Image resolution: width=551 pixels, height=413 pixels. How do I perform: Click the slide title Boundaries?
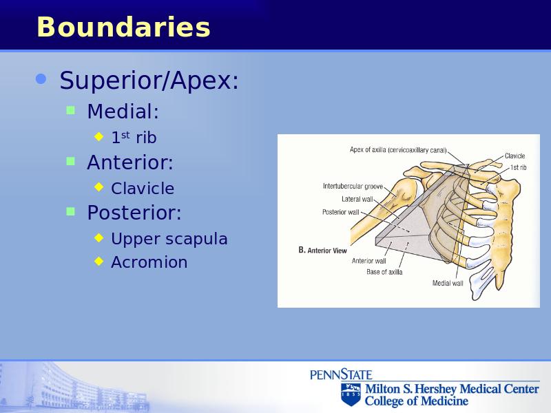click(123, 27)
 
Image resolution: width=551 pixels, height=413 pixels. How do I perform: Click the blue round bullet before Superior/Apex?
click(41, 79)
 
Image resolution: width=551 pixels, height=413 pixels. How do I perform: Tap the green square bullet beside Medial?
click(71, 111)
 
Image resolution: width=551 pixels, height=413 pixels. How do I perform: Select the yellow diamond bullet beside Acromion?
click(99, 261)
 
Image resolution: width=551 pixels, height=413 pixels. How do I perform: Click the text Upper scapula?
click(169, 239)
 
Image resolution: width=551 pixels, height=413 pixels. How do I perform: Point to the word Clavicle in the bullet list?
click(143, 188)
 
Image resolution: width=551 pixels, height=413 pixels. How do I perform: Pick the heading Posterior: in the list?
click(134, 213)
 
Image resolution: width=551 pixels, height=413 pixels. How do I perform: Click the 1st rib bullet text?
click(134, 137)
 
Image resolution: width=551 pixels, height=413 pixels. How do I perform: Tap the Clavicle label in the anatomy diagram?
click(514, 156)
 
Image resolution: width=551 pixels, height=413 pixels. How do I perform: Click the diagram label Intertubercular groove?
click(353, 186)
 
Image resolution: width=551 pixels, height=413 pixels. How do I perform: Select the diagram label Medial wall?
click(448, 283)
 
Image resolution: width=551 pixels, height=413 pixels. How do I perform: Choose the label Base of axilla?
click(384, 272)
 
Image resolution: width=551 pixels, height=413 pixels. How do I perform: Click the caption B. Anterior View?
click(322, 250)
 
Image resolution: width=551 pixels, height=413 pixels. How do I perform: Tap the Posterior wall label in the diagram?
click(340, 212)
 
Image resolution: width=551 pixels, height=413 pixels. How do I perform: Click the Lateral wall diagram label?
click(357, 199)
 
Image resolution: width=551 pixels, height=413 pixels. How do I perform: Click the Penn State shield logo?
click(351, 394)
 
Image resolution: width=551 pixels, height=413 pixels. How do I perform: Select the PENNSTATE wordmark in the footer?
click(341, 374)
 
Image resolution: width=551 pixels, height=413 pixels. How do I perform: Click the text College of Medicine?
click(417, 401)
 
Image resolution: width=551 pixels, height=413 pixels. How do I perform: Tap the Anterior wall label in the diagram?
click(369, 261)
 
